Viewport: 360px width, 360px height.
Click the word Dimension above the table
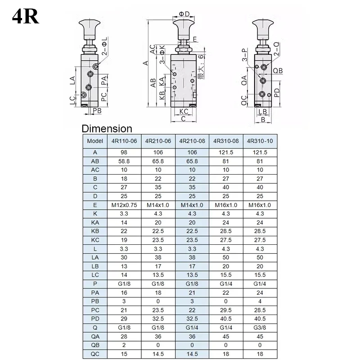[x=107, y=129]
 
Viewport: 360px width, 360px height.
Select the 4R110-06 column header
[x=124, y=141]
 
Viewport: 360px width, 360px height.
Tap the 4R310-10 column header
[x=260, y=141]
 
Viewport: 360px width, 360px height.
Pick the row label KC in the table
[x=95, y=240]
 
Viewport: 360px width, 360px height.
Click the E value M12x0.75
[x=124, y=205]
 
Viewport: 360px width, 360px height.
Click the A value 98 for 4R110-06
[x=124, y=153]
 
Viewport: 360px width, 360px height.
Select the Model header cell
[x=95, y=141]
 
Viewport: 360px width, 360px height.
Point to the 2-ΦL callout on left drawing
[x=104, y=48]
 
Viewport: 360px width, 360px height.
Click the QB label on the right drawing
[x=278, y=71]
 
